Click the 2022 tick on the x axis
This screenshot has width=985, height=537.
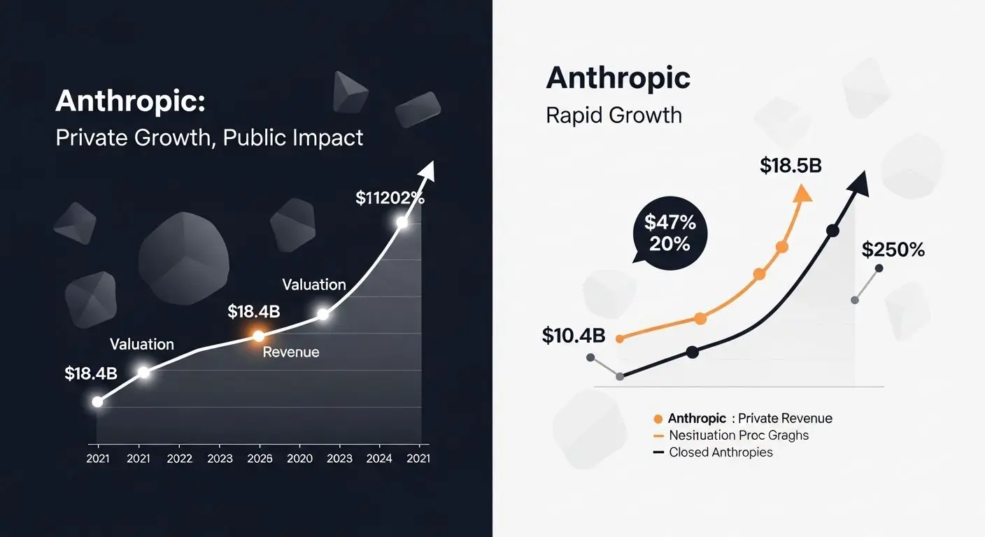coord(179,459)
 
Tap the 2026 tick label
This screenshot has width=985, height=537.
coord(260,459)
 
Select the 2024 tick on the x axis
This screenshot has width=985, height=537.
coord(378,459)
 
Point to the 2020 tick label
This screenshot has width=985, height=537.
coord(299,459)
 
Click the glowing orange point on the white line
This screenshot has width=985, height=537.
coord(258,336)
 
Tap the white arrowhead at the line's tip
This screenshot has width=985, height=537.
coord(427,170)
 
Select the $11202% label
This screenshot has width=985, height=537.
coord(390,198)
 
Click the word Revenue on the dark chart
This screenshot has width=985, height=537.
coord(290,352)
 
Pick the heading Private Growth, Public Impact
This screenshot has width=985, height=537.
coord(209,137)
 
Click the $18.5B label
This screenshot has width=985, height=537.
coord(791,166)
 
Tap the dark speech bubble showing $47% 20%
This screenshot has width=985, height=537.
coord(669,233)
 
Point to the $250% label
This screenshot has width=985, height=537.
coord(893,250)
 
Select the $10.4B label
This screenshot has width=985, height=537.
coord(573,336)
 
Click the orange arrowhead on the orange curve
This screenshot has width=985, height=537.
coord(804,192)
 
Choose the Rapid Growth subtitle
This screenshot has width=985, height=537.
coord(614,115)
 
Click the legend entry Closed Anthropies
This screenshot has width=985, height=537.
coord(721,452)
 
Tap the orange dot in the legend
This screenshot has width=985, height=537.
coord(658,419)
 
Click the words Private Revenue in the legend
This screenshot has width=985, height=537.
coord(785,419)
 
